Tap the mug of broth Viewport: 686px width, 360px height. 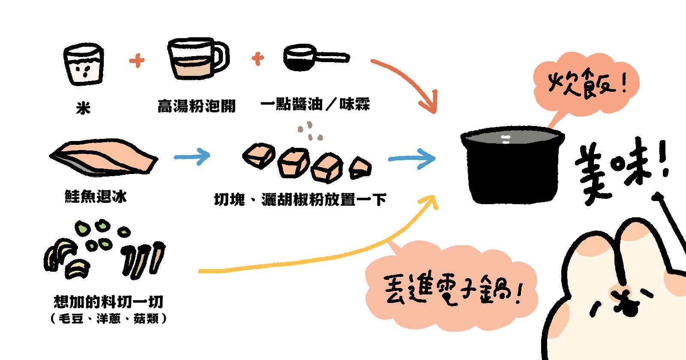click(x=195, y=59)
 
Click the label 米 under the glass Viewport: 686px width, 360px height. click(x=83, y=108)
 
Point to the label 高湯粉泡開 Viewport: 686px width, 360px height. click(x=196, y=106)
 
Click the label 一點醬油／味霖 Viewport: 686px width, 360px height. click(x=315, y=104)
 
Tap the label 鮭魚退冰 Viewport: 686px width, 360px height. click(x=96, y=197)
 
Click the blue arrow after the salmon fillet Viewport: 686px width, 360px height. click(x=192, y=156)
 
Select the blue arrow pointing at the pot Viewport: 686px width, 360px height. click(x=412, y=159)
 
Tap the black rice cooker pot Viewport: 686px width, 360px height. click(x=512, y=165)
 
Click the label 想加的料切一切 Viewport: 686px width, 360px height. click(x=108, y=302)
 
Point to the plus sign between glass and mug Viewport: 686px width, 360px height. click(x=137, y=60)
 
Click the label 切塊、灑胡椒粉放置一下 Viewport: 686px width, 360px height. click(x=300, y=200)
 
